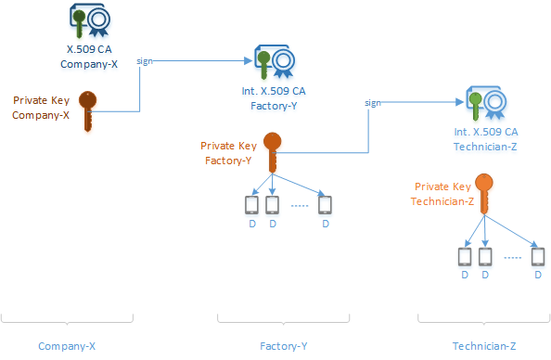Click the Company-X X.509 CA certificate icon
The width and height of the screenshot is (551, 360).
point(90,20)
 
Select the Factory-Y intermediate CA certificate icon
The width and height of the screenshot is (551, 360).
point(275,61)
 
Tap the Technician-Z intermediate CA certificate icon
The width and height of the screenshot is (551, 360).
point(486,103)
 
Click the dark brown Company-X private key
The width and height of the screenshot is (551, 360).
point(87,111)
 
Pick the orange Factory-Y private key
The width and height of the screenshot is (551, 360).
point(273,152)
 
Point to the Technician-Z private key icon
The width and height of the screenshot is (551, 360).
point(484,193)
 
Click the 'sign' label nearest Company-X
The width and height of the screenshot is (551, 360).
point(145,61)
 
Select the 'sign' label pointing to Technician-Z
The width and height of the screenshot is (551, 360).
point(373,103)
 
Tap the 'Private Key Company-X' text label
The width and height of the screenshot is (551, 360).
point(41,108)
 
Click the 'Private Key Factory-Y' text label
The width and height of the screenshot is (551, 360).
point(228,153)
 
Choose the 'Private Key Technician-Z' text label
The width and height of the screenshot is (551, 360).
point(442,194)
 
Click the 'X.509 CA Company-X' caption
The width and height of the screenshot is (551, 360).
point(89,57)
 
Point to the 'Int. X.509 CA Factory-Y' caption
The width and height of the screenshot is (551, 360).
point(274,98)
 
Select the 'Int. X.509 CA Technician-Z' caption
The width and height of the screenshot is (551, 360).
point(486,139)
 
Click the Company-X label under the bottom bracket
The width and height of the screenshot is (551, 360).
point(67,346)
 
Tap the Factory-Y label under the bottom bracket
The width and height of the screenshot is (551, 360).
point(284,346)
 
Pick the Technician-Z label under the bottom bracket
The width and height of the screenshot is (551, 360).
point(484,346)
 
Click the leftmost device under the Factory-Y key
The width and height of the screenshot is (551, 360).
point(251,205)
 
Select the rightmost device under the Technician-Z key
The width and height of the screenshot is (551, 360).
point(538,257)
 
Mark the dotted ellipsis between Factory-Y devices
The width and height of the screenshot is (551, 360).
point(300,206)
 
